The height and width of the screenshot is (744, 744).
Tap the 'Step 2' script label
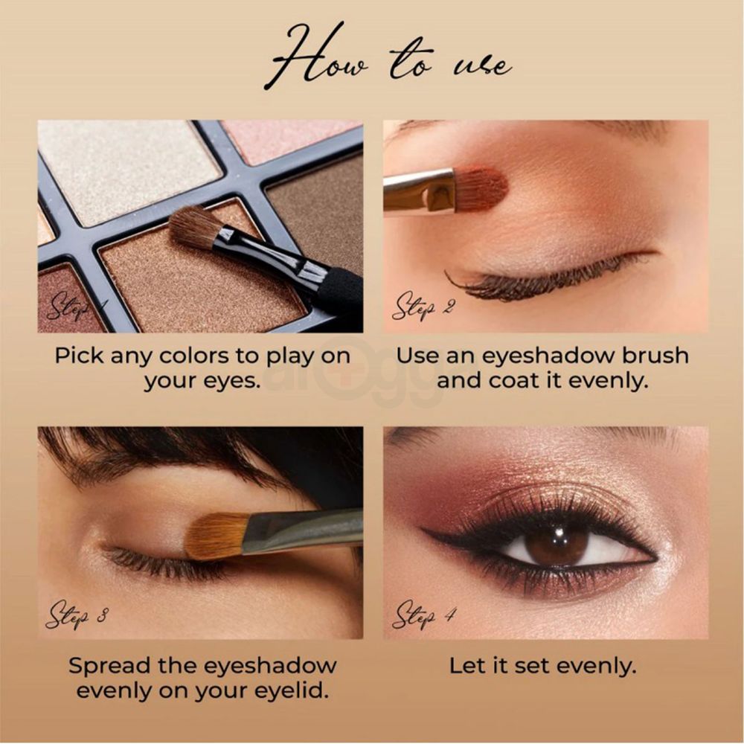423,306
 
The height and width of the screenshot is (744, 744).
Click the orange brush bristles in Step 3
216,536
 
